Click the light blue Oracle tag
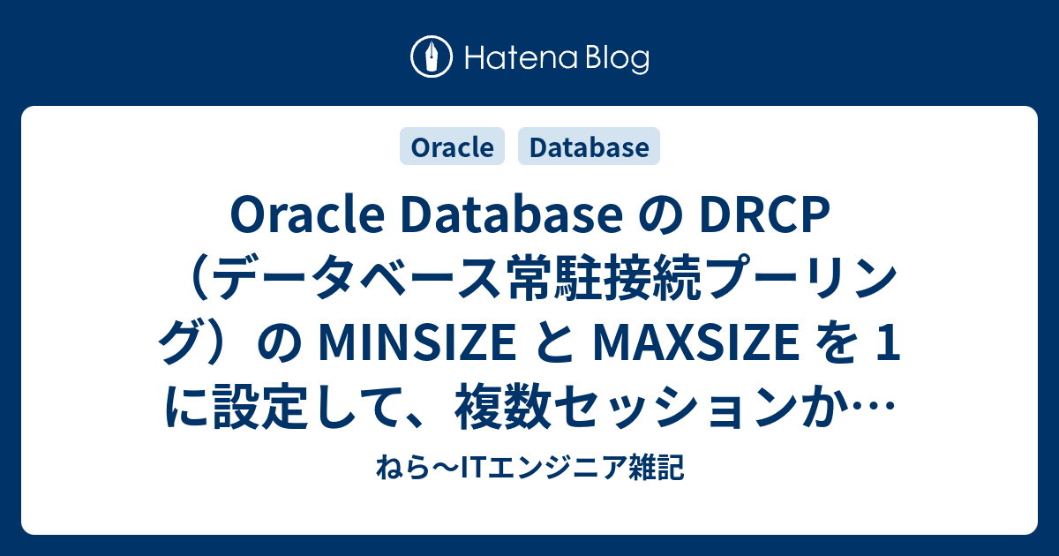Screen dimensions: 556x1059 pos(453,147)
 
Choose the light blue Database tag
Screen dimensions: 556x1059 pos(590,147)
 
